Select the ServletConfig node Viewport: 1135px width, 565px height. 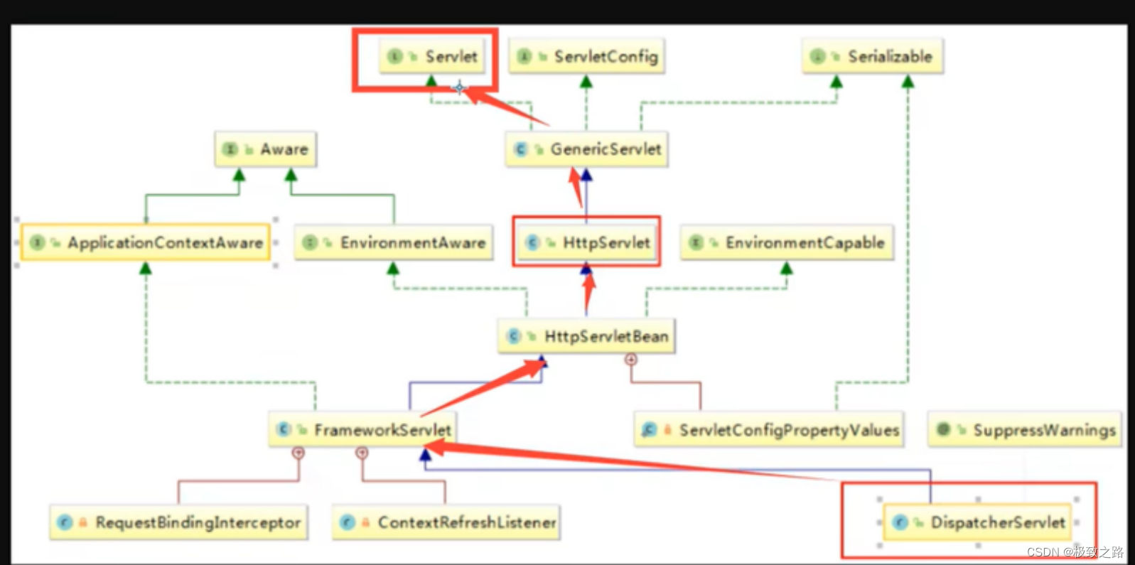[587, 56]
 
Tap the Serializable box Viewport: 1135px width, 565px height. [873, 56]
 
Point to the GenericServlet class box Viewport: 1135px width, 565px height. [587, 149]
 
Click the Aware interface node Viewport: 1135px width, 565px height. [266, 149]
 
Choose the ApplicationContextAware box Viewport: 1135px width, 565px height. [146, 242]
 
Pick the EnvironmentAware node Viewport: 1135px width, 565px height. [394, 242]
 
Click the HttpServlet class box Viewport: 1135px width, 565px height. [587, 242]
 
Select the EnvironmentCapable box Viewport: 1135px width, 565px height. [787, 242]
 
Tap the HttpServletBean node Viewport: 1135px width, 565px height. [587, 336]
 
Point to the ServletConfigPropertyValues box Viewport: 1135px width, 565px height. [769, 430]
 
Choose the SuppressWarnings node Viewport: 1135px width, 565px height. [1025, 430]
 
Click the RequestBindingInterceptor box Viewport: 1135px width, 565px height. [178, 522]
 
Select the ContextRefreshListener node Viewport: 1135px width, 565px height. [446, 522]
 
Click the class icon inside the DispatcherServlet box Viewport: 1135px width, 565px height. [900, 522]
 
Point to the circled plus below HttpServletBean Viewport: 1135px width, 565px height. [630, 360]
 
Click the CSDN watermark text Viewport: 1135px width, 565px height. [1075, 551]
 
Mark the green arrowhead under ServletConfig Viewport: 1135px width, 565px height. [586, 82]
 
